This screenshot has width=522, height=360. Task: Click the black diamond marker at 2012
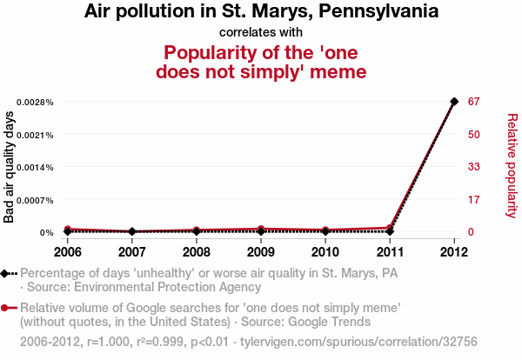(x=454, y=102)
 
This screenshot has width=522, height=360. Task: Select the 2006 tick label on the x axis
(x=67, y=252)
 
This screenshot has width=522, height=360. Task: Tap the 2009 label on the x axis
(x=260, y=252)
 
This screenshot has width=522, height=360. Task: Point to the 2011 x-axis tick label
(x=390, y=252)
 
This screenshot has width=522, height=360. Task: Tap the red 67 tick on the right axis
(x=474, y=102)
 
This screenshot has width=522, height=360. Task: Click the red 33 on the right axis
(x=474, y=167)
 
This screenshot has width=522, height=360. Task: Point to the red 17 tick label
(x=474, y=200)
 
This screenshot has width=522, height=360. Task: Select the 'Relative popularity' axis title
(x=512, y=165)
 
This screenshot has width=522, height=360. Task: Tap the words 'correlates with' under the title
(x=260, y=32)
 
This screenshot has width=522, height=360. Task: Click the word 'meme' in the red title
(x=336, y=71)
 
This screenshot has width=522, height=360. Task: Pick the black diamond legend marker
(x=7, y=272)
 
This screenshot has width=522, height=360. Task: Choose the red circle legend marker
(x=7, y=308)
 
